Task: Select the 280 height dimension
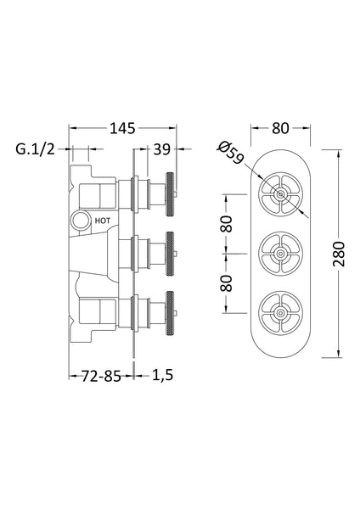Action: pyautogui.click(x=340, y=252)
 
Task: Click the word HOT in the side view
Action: pyautogui.click(x=103, y=220)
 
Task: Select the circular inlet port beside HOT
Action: pyautogui.click(x=80, y=221)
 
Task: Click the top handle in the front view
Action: pyautogui.click(x=280, y=194)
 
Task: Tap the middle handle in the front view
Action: pyautogui.click(x=280, y=252)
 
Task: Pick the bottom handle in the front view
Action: pyautogui.click(x=280, y=310)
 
